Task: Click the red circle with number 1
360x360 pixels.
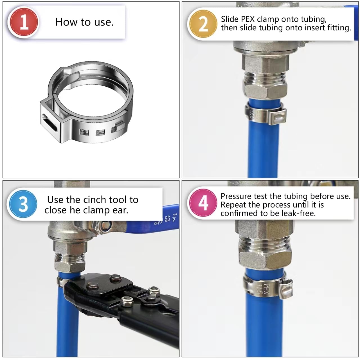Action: pos(24,22)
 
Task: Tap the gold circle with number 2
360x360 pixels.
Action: pos(203,24)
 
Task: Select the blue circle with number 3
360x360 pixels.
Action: pos(23,204)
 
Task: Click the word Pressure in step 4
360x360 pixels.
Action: pos(236,196)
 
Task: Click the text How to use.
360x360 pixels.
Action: pos(84,22)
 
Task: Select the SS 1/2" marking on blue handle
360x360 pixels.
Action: pos(171,218)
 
